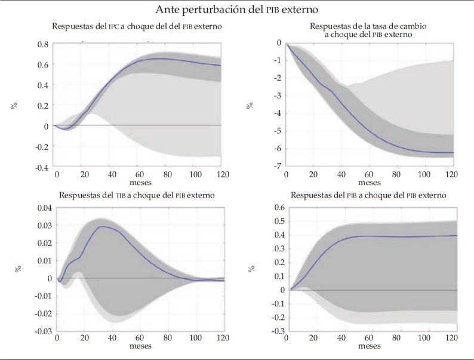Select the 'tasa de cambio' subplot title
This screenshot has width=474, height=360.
point(369,30)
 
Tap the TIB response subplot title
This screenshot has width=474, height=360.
point(137,195)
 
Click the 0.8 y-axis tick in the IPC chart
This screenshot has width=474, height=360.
point(41,44)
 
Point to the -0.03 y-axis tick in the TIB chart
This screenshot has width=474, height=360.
point(37,331)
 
